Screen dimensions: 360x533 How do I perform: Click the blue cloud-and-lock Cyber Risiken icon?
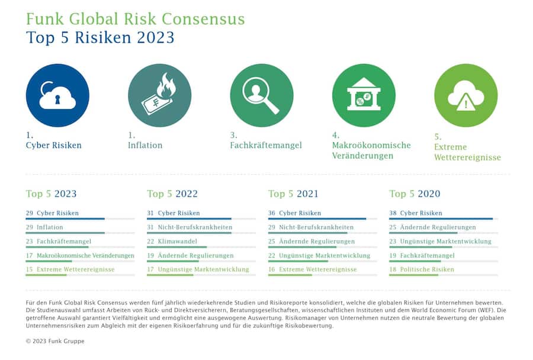coord(57,95)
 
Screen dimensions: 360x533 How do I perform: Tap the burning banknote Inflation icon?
coord(159,95)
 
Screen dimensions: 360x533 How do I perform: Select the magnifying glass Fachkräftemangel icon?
coord(262,95)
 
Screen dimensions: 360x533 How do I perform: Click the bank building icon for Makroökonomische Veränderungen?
coord(364,95)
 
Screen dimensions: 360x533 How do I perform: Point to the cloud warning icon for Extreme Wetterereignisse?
coord(465,95)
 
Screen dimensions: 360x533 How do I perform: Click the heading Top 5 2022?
coord(172,194)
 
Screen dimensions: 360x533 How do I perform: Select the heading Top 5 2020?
coord(415,194)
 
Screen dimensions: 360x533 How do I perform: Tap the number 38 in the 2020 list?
coord(393,213)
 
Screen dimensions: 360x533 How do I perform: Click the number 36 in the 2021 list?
coord(272,213)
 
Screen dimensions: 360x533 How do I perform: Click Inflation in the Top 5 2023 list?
coord(50,227)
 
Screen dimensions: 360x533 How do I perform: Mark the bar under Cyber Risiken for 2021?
coord(317,219)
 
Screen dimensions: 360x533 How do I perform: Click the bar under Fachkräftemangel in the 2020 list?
coord(415,261)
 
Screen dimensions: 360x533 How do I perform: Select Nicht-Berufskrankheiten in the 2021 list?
coord(316,227)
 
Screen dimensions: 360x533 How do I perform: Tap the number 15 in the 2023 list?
coord(30,269)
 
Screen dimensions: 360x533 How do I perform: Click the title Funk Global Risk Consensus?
coord(135,18)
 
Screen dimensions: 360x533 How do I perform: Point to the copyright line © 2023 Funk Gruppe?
coord(55,342)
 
